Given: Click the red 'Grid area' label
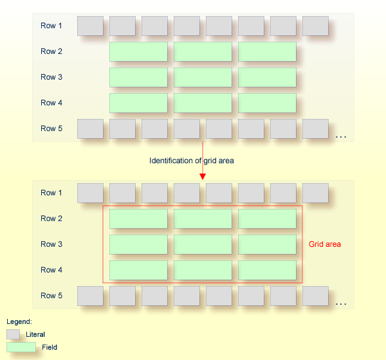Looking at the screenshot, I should (x=325, y=244).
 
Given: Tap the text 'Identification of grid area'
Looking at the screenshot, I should (x=192, y=161).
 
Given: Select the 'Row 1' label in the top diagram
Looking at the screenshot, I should (x=51, y=26).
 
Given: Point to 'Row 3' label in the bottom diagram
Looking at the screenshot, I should (x=51, y=244).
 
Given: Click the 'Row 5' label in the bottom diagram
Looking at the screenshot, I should (x=51, y=296).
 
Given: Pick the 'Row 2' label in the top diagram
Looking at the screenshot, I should (x=51, y=51).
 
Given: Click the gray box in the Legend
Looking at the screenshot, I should (x=13, y=334).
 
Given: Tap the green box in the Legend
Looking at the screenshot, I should (x=21, y=347).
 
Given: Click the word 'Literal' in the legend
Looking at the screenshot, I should (x=35, y=334).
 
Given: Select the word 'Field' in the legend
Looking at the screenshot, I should (x=50, y=347).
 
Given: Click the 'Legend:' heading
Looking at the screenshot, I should (x=19, y=321).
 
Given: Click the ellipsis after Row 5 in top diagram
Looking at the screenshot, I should (x=341, y=136).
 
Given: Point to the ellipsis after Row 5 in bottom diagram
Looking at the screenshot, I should (x=341, y=303).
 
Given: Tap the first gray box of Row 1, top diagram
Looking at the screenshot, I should (x=90, y=26).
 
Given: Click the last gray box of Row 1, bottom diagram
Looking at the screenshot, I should (x=315, y=193).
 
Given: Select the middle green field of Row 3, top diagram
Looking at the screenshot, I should (x=203, y=77).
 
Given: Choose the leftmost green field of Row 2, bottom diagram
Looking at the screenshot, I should (x=138, y=219).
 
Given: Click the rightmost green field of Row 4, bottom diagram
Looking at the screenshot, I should (x=267, y=270).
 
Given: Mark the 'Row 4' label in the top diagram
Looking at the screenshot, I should (x=51, y=103).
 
